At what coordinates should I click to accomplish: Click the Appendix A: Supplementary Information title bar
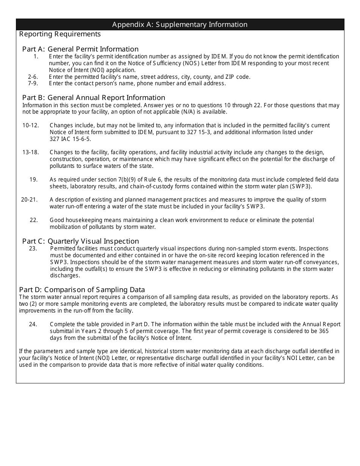point(180,25)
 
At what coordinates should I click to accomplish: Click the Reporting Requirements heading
point(60,34)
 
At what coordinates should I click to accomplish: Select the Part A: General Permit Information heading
point(80,49)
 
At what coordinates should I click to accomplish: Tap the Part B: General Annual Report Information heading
point(94,97)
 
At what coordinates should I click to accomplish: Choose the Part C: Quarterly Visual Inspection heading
point(80,241)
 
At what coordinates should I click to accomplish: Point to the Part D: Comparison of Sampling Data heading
point(82,290)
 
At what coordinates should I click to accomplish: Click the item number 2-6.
point(33,77)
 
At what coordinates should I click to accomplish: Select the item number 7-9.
point(33,83)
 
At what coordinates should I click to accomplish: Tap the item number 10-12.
point(31,125)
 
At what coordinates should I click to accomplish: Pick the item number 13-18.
point(31,152)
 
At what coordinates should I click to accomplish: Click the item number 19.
point(34,180)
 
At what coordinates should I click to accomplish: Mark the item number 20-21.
point(30,200)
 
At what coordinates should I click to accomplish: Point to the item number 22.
point(34,220)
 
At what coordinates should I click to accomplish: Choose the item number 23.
point(33,249)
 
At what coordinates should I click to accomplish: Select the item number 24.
point(33,324)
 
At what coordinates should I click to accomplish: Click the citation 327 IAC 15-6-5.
point(70,139)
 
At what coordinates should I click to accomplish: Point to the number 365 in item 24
point(323,331)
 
